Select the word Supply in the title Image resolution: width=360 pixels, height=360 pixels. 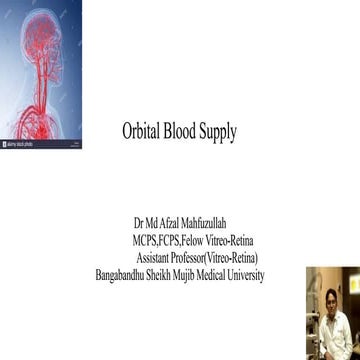(224, 130)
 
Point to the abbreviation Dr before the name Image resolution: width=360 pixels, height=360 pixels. (137, 227)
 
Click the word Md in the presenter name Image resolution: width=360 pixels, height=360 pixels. (153, 227)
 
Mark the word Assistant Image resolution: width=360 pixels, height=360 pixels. (158, 259)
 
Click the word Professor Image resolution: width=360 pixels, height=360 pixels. (201, 259)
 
